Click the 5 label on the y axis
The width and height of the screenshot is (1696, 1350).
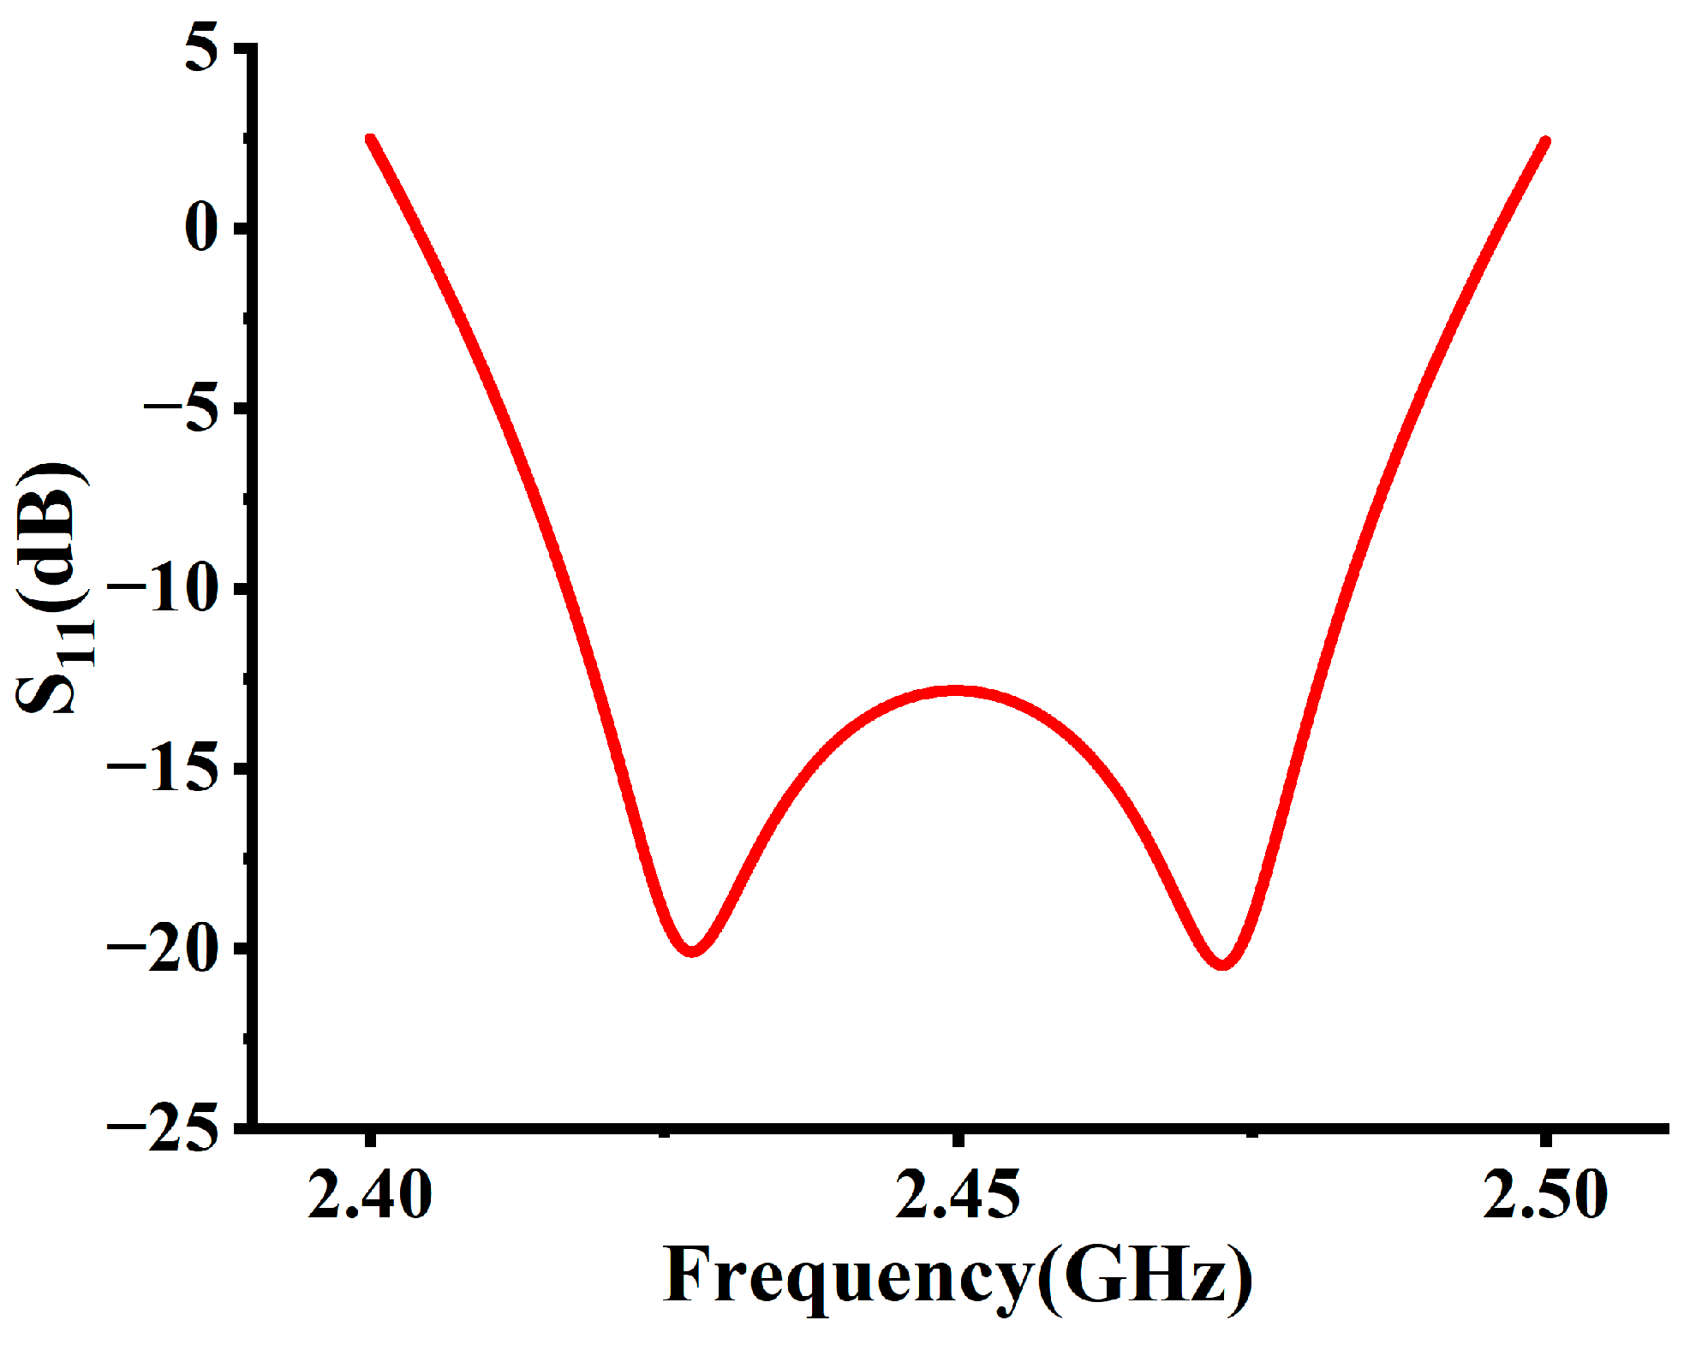pos(202,51)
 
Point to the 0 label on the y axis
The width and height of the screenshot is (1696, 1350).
pos(202,229)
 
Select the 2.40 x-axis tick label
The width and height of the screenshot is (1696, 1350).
pos(370,1195)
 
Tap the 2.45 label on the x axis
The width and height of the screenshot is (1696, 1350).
pos(958,1195)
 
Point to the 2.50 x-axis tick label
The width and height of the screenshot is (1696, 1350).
pos(1545,1195)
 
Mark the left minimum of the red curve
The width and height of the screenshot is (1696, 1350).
pos(692,951)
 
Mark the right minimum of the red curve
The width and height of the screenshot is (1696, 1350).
pos(1222,964)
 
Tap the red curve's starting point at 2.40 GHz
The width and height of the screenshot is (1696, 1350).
pos(370,139)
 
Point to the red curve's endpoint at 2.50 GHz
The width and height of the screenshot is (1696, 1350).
pos(1545,141)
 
